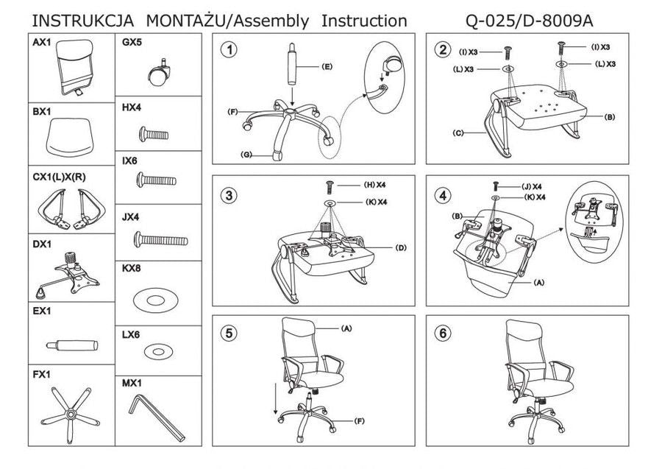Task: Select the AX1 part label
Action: click(42, 43)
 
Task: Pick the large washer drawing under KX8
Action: click(157, 300)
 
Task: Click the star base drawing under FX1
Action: click(71, 416)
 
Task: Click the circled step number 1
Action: click(231, 50)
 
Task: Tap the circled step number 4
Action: click(442, 195)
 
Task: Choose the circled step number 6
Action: click(442, 333)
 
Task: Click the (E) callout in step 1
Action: click(327, 67)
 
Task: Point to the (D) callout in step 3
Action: click(401, 247)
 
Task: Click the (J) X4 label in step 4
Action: click(531, 186)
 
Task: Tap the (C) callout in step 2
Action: click(458, 133)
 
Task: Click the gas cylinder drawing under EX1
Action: click(72, 344)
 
